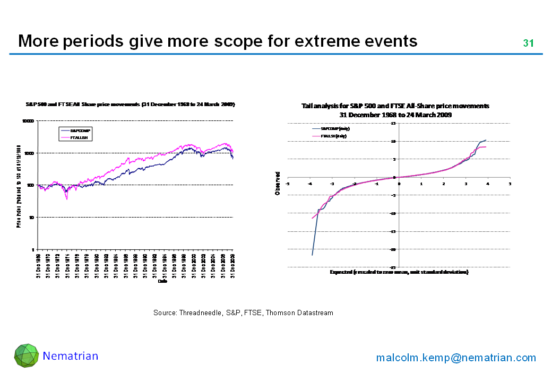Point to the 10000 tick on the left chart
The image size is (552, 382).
28,121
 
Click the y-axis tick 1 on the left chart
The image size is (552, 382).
33,249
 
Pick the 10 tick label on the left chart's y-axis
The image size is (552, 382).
31,218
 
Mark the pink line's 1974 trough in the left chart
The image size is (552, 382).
67,199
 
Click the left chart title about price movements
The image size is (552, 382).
130,105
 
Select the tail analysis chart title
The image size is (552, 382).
395,110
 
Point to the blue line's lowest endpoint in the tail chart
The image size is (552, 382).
312,255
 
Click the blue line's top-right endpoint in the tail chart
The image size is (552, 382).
486,140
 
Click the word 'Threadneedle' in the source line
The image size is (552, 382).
198,313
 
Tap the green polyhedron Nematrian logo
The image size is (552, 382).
26,355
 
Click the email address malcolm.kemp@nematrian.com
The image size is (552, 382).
456,358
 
